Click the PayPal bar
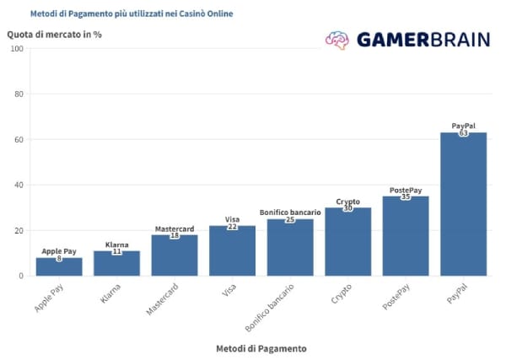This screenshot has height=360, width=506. [463, 204]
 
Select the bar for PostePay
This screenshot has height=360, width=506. [406, 236]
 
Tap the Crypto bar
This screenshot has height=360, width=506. [347, 242]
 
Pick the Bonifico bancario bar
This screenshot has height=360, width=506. [290, 247]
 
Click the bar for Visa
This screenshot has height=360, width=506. [232, 250]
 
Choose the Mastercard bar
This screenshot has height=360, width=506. [175, 255]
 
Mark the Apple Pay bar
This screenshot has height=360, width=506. [59, 266]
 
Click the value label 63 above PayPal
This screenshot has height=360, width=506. [463, 133]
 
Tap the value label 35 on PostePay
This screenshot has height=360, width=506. [406, 196]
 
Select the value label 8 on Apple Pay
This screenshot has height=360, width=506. [59, 258]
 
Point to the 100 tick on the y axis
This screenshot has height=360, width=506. [17, 49]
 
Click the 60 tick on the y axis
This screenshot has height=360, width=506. [19, 139]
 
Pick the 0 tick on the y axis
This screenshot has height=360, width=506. [21, 276]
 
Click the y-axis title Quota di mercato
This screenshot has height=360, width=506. [54, 35]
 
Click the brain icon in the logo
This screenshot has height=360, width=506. [337, 40]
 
